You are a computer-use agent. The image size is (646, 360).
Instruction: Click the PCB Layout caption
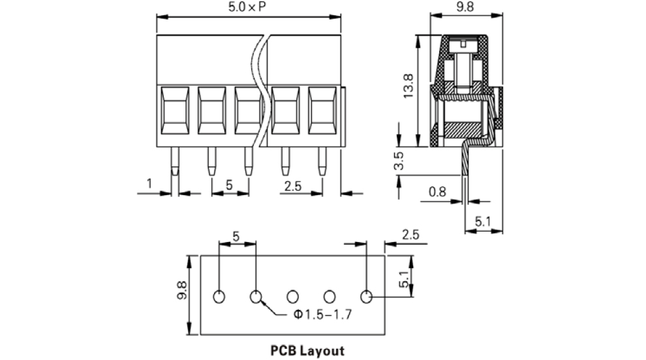tap(307, 351)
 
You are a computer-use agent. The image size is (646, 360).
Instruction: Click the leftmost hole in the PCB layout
tap(219, 297)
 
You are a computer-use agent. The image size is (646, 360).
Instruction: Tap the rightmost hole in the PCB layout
tap(367, 297)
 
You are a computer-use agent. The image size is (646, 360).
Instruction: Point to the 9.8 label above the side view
tap(465, 7)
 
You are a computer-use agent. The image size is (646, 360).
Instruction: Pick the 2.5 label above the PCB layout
tap(411, 234)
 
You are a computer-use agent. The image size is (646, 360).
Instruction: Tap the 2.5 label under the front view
tap(294, 185)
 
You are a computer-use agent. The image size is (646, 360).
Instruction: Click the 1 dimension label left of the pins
tap(149, 184)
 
